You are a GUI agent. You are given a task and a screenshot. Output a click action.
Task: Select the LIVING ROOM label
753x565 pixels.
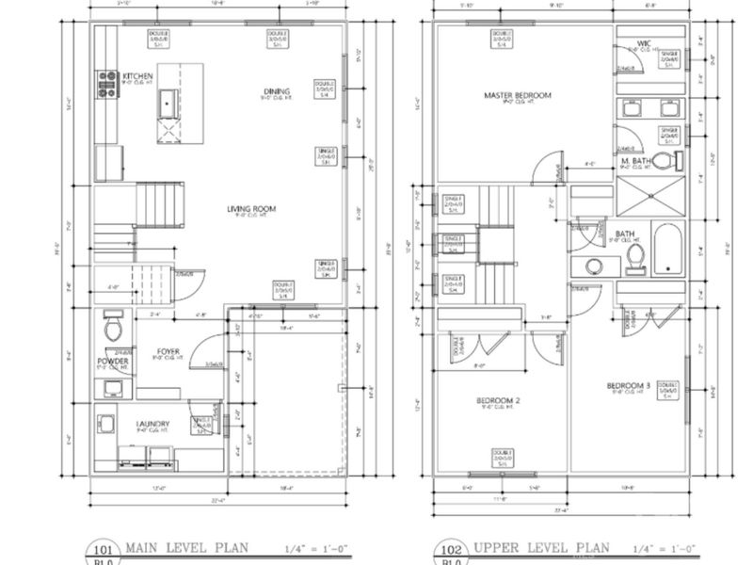(249, 209)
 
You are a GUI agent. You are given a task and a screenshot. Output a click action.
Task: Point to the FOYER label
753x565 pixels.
(168, 352)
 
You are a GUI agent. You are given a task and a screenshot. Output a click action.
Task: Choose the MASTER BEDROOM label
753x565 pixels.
(518, 96)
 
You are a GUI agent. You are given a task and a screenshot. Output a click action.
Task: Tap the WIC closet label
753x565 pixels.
(644, 43)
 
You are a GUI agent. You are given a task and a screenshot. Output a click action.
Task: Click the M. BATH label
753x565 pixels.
(637, 162)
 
